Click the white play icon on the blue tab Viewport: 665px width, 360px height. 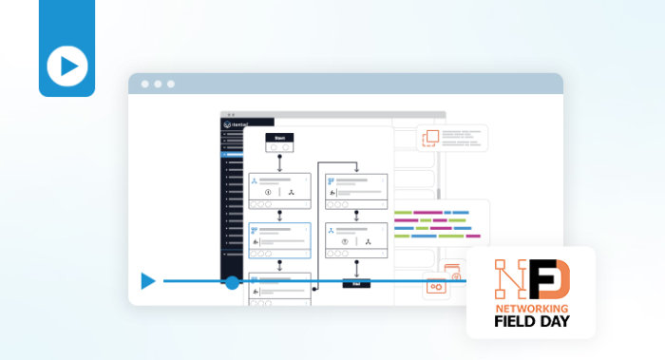[x=66, y=66]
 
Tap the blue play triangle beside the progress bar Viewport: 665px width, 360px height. [x=148, y=281]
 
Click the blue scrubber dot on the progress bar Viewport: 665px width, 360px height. [x=232, y=282]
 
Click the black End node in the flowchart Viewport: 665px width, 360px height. [x=355, y=282]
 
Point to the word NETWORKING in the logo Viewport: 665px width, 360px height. [x=531, y=309]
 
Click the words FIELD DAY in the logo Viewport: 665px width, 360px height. [x=531, y=322]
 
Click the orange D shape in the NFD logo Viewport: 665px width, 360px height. [x=555, y=279]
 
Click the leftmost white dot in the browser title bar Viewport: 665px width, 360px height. [x=145, y=84]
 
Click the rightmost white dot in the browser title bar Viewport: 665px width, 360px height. [x=171, y=84]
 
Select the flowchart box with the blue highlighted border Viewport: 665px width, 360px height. [x=279, y=241]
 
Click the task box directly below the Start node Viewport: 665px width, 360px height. [x=279, y=190]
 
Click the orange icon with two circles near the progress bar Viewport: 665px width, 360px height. [x=437, y=287]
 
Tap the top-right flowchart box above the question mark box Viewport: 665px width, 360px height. [x=356, y=190]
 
